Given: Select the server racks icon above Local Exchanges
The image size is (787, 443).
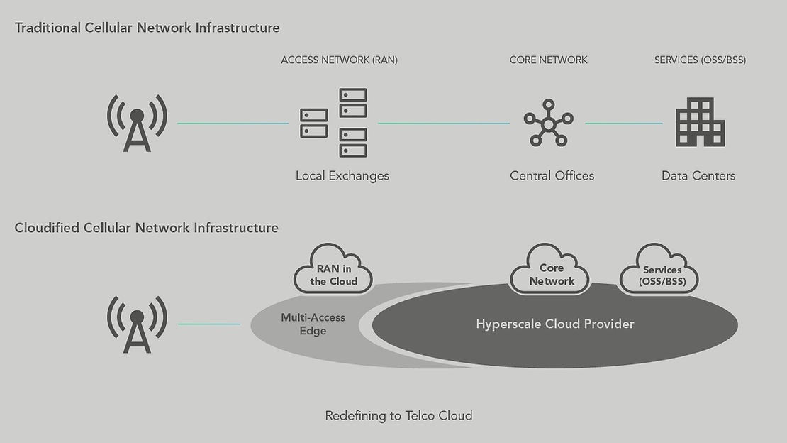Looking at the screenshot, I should pos(334,122).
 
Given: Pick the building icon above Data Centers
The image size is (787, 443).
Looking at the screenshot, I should pos(700,122).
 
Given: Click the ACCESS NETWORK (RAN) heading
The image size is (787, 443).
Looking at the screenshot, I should pos(339,60).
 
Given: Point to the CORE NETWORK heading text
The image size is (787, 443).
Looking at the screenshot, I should pos(548,60).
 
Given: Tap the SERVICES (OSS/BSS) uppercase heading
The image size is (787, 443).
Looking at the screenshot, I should pos(700,60).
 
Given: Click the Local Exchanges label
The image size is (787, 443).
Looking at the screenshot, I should pos(342,175).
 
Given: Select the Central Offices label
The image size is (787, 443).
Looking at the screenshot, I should pos(552,175).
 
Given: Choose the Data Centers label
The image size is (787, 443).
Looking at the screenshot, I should pos(698,175).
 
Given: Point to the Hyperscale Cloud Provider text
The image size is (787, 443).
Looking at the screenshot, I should pos(554,324).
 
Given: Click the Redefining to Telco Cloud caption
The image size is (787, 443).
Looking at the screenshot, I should pos(398,416).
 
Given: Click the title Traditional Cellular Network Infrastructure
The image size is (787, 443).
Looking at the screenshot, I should pos(147,28).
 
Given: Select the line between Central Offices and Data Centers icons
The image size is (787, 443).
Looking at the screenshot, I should pos(623,124).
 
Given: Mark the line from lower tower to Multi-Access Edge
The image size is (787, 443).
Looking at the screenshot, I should pos(208,324).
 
